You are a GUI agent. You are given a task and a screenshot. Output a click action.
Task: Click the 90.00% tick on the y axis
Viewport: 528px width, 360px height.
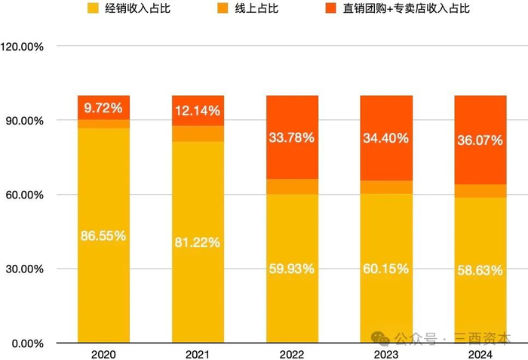[x=26, y=121]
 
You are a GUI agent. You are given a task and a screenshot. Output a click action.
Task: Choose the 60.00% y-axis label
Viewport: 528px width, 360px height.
[x=26, y=195]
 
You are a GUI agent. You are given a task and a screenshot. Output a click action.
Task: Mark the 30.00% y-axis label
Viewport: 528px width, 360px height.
[x=26, y=269]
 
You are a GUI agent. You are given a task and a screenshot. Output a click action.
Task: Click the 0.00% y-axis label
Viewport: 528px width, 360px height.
[x=29, y=343]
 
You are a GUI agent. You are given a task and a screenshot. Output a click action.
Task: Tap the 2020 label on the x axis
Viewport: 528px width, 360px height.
[x=103, y=354]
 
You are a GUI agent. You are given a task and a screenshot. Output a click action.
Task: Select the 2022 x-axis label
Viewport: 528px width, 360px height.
[x=292, y=354]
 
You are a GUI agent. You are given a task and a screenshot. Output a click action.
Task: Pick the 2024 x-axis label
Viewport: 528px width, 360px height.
[x=480, y=354]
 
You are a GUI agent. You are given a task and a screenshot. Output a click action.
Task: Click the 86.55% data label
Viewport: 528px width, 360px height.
[x=103, y=235]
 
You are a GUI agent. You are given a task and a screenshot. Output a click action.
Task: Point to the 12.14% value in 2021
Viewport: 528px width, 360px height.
[x=198, y=111]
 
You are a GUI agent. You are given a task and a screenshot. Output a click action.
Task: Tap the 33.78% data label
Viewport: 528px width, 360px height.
[x=292, y=137]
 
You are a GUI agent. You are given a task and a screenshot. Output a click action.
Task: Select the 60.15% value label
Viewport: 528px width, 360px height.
[x=386, y=269]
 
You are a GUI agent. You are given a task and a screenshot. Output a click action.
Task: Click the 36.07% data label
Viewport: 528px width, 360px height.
[x=480, y=140]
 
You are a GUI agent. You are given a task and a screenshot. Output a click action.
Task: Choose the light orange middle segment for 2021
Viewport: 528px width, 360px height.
[x=198, y=134]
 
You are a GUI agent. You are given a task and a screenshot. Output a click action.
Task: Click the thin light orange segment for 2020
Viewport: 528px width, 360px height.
[x=103, y=124]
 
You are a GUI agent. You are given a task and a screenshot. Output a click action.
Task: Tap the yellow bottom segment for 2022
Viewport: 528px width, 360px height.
[x=292, y=302]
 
